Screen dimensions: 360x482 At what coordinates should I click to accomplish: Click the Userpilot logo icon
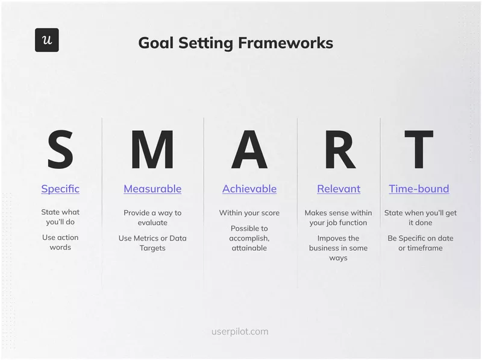46,40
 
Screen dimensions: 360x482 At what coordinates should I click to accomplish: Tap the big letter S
60,150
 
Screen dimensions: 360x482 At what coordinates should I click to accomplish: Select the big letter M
152,150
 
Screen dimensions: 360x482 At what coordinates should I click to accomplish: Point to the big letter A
249,150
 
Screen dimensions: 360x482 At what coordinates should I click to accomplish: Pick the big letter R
339,150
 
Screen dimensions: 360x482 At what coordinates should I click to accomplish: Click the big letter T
419,150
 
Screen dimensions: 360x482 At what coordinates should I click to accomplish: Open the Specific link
60,189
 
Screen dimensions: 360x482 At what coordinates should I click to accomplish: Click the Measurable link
152,189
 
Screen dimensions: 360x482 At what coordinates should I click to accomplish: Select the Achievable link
249,189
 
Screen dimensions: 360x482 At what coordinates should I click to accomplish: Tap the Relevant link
339,189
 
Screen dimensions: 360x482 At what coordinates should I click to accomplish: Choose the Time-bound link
419,189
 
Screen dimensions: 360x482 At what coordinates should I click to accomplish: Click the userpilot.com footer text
240,332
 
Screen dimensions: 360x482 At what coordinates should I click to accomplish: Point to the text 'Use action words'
60,242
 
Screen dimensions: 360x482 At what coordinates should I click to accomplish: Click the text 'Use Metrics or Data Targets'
152,243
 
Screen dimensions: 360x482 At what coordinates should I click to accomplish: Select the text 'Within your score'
249,213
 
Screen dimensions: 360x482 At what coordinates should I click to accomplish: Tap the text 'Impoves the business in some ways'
339,248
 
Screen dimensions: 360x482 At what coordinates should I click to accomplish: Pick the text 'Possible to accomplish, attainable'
249,238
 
